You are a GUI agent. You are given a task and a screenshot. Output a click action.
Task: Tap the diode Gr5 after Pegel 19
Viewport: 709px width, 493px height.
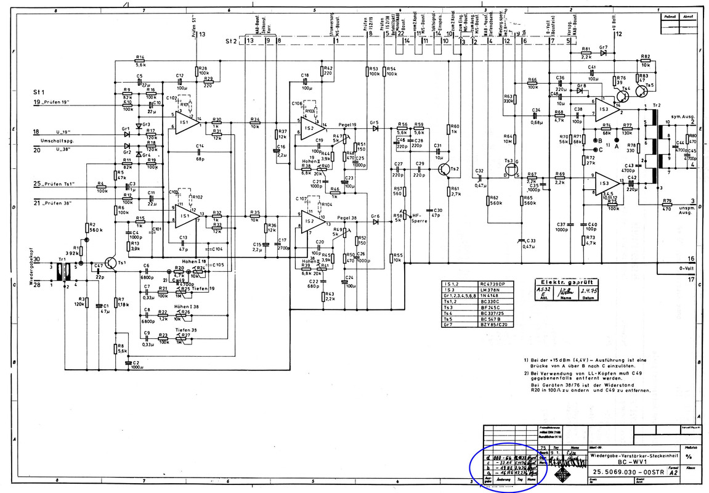point(373,128)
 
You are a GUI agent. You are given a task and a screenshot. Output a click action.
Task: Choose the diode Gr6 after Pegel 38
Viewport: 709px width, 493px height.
point(373,221)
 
